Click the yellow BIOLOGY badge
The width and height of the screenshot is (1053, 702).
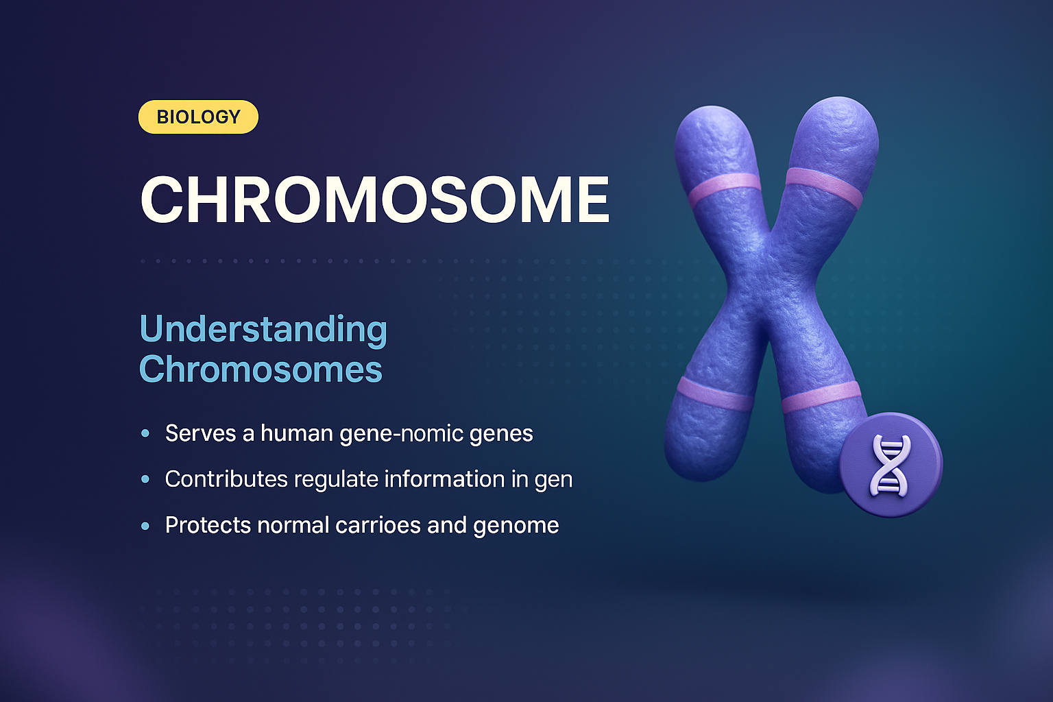(x=198, y=117)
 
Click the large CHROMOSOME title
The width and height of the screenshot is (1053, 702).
(x=374, y=200)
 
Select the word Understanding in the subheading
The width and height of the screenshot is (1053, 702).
(x=263, y=330)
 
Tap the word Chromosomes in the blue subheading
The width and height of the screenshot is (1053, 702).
(x=261, y=370)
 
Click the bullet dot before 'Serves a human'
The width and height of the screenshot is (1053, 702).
(x=145, y=434)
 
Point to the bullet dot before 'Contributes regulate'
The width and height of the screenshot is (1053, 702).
(x=145, y=479)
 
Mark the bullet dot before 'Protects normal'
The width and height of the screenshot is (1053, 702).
(x=145, y=526)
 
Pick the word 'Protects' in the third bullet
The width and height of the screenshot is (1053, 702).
(x=208, y=526)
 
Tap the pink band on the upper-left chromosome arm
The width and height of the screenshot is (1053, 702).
(x=724, y=189)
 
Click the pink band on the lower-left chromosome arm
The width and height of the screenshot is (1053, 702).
(x=715, y=394)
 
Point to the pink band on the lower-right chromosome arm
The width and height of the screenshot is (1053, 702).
(x=821, y=397)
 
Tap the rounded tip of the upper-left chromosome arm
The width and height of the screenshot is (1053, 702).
(x=710, y=127)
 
